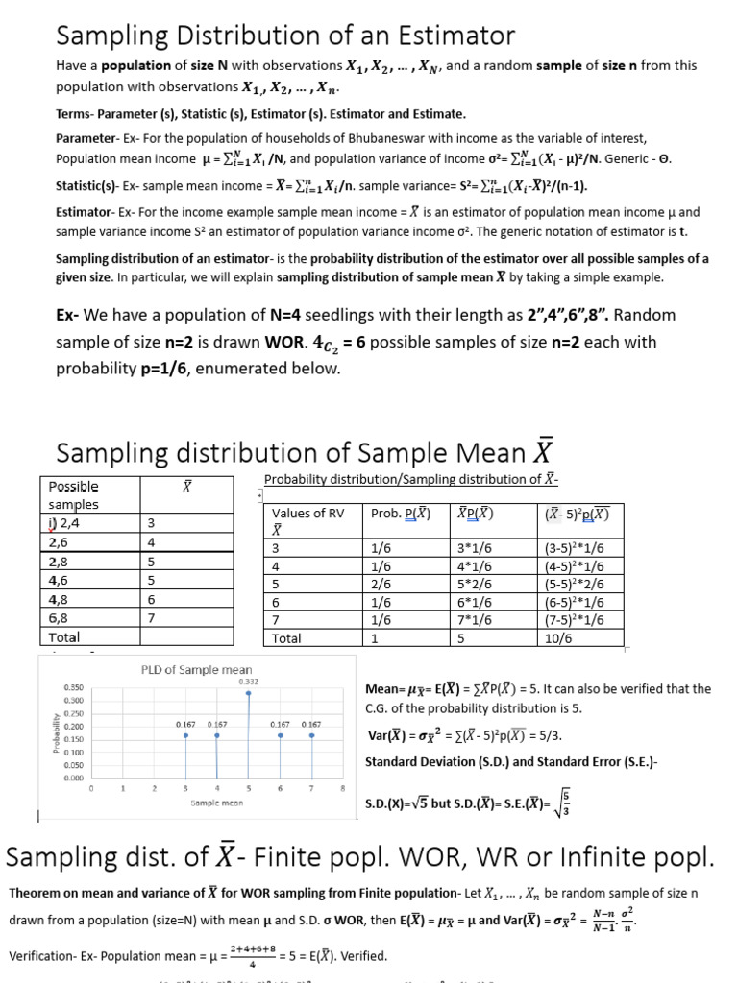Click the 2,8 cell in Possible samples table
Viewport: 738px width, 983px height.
click(x=60, y=561)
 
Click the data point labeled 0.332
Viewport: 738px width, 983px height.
click(x=249, y=692)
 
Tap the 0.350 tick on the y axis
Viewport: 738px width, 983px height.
click(x=73, y=688)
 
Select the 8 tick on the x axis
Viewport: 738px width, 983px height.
click(x=342, y=787)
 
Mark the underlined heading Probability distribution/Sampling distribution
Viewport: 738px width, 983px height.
click(x=410, y=479)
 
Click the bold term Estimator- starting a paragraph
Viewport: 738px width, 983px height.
click(x=85, y=211)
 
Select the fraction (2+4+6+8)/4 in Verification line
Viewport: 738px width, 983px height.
click(x=252, y=956)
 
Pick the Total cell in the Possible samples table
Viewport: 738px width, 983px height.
click(x=63, y=636)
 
